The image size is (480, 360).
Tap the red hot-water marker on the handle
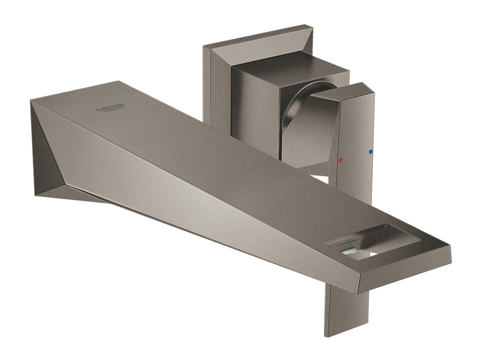coord(340,160)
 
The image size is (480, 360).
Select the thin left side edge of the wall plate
coord(206,85)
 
